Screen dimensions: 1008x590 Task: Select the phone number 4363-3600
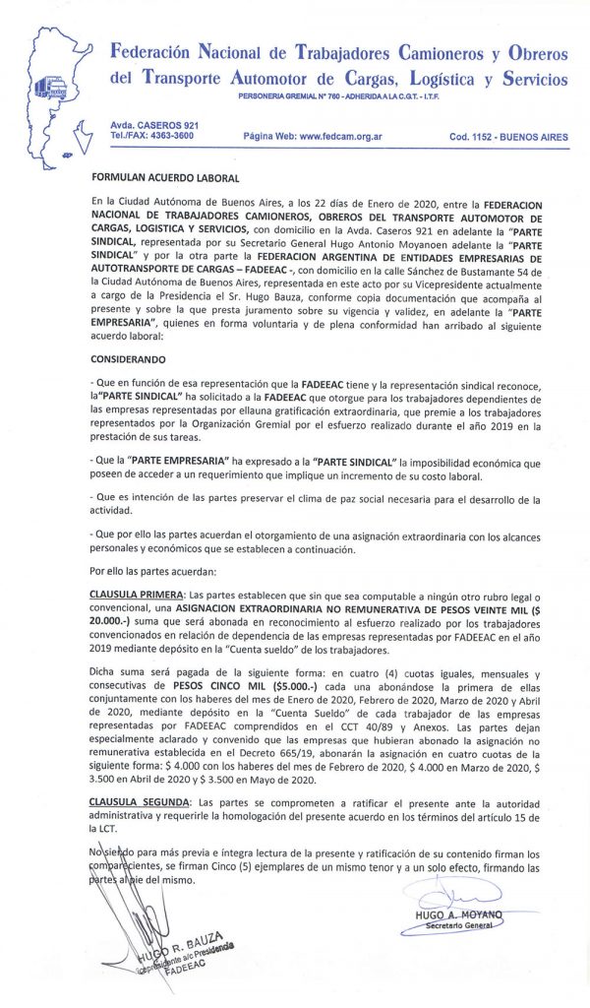coord(171,136)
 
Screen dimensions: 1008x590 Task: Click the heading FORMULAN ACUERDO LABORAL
coord(164,178)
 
